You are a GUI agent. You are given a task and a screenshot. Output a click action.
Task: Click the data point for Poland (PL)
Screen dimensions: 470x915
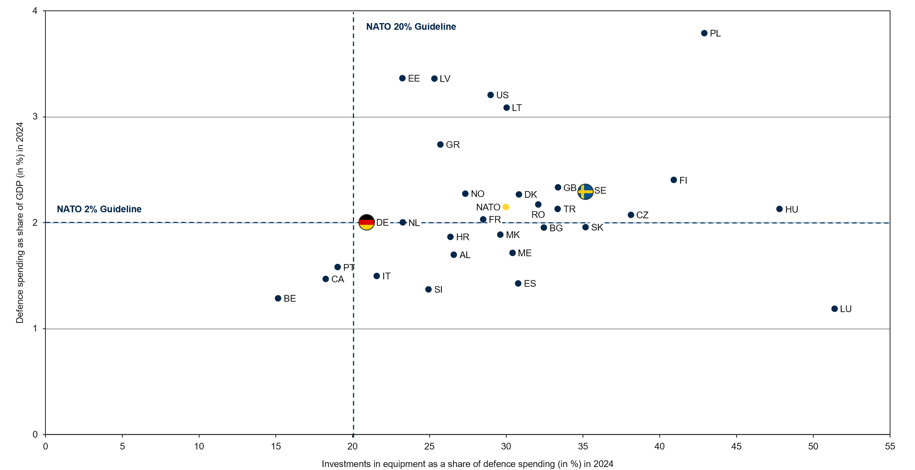704,33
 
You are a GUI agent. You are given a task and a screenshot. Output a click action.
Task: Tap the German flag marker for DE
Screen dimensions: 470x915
366,222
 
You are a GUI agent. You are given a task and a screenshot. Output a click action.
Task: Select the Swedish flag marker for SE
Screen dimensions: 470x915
585,192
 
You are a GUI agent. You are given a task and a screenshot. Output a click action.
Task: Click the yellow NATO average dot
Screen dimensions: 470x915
506,207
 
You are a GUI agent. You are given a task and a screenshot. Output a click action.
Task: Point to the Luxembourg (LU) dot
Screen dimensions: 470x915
834,309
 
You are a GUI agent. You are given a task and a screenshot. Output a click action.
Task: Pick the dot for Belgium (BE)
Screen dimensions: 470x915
278,298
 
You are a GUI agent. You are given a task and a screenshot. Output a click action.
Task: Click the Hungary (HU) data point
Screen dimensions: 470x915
779,209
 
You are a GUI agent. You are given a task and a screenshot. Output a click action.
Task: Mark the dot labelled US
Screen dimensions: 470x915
490,95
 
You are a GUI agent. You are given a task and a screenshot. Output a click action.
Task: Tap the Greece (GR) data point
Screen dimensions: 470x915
440,145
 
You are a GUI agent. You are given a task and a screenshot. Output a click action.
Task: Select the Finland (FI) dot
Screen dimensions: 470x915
673,180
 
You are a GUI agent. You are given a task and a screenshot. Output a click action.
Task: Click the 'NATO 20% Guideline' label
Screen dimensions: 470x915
411,27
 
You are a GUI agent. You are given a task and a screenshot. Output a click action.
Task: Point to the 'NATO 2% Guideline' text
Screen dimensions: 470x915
99,209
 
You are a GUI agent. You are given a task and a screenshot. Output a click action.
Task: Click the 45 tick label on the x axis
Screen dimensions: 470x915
736,446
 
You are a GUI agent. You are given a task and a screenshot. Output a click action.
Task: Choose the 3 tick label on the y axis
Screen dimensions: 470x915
35,117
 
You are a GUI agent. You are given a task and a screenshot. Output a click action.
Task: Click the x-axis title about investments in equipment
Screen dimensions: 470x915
467,464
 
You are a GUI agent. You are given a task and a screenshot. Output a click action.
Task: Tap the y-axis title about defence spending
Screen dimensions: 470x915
20,223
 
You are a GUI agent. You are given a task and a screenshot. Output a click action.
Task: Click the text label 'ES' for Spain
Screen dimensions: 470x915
530,284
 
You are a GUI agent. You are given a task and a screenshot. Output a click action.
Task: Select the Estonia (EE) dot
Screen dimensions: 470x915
402,78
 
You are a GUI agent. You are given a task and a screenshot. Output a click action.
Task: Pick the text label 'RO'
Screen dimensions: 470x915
538,215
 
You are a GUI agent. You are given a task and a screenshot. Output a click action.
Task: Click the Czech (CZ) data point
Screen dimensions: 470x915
631,215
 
